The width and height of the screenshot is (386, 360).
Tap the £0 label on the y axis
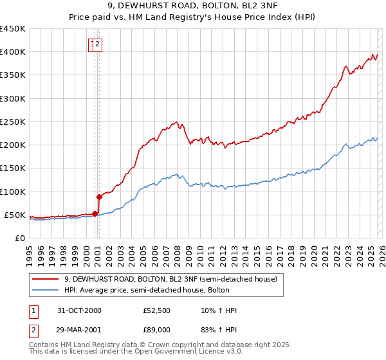pyautogui.click(x=19, y=238)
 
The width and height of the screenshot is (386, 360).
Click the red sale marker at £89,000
pyautogui.click(x=100, y=197)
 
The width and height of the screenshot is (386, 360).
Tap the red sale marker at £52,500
pyautogui.click(x=95, y=213)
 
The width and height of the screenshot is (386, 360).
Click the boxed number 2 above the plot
pyautogui.click(x=98, y=44)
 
